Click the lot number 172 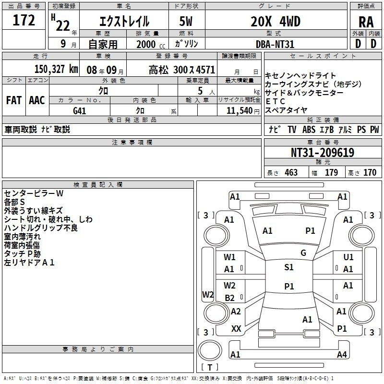pos(24,20)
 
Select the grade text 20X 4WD pos(275,21)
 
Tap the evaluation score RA pos(366,22)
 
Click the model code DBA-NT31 pos(275,44)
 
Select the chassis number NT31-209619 pos(322,153)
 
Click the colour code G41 pos(80,110)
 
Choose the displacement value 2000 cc pos(145,44)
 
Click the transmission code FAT pos(14,100)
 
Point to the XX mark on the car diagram pos(236,329)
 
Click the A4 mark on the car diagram pos(342,355)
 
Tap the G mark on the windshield pos(303,253)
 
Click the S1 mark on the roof pos(289,267)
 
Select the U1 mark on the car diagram pos(348,257)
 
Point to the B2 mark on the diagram pos(229,298)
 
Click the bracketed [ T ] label pos(210,368)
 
